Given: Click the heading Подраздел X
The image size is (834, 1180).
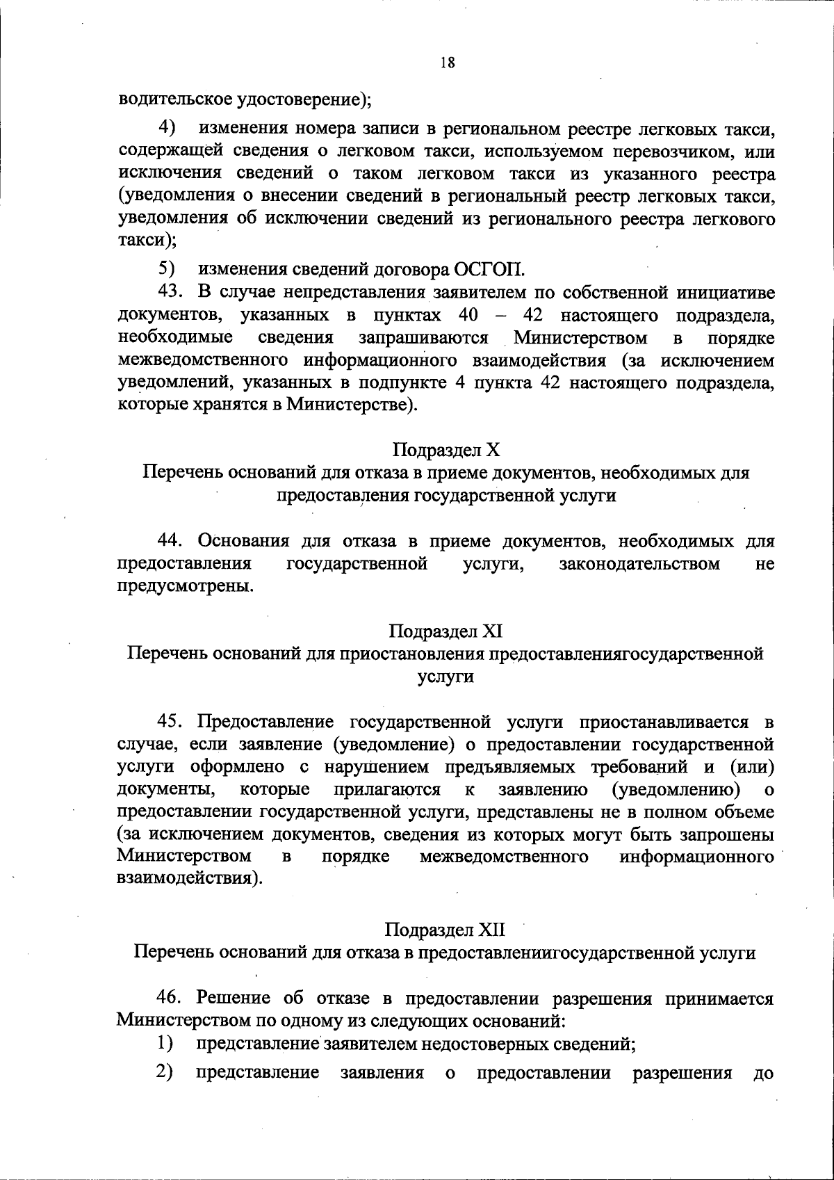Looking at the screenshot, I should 446,449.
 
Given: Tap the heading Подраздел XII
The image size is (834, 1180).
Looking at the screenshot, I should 445,930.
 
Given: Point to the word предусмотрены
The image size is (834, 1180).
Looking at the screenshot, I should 184,586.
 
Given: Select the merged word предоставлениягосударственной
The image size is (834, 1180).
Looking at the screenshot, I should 628,654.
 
